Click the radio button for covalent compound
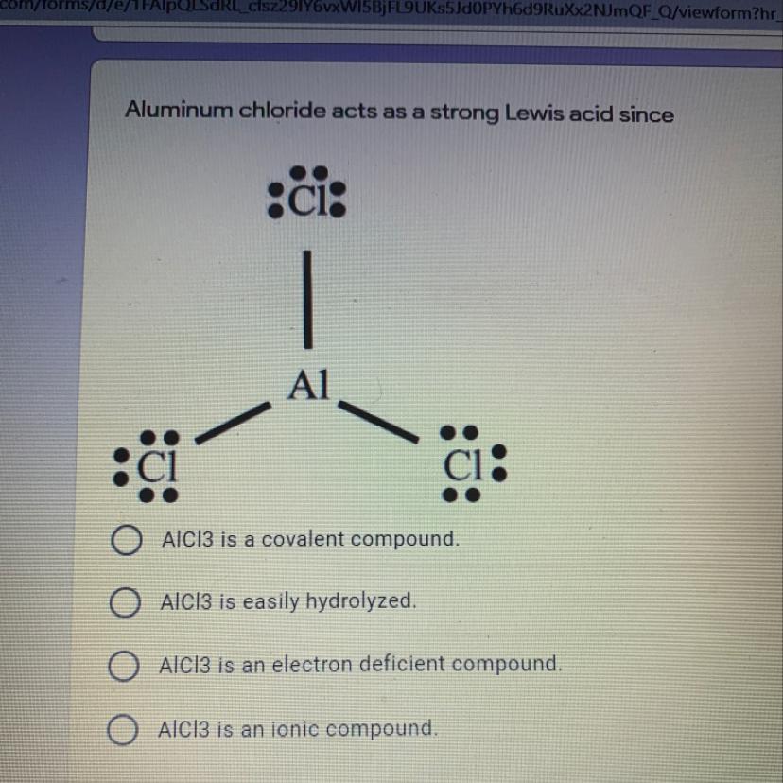click(x=125, y=541)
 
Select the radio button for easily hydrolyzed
click(x=125, y=602)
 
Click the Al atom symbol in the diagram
click(x=310, y=385)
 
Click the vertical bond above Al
click(x=307, y=299)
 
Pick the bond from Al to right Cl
click(x=378, y=422)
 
